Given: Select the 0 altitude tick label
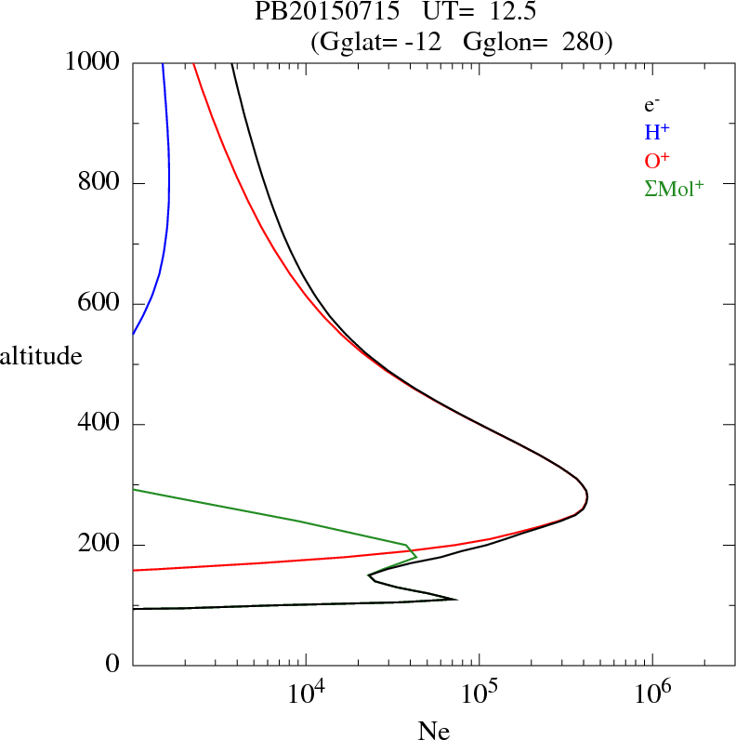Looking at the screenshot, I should pyautogui.click(x=114, y=665).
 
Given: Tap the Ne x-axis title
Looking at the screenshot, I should pyautogui.click(x=433, y=730).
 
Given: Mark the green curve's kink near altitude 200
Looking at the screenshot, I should pyautogui.click(x=407, y=545).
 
